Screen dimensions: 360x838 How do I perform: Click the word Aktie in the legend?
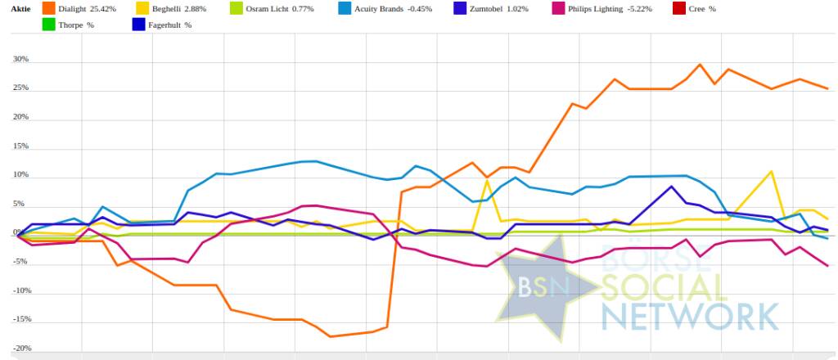click(20, 8)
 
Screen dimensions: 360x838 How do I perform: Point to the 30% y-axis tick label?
click(20, 60)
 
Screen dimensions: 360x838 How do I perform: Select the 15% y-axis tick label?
click(20, 146)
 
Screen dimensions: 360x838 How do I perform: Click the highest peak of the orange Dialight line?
click(701, 65)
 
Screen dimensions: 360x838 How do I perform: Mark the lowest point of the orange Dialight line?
click(330, 336)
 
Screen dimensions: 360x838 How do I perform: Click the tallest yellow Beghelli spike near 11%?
click(771, 172)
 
